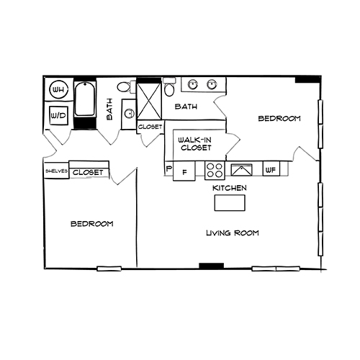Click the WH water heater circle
coord(59,91)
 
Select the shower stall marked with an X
coord(150,102)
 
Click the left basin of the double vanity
coord(193,85)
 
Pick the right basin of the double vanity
coord(212,85)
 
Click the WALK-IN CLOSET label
coord(194,143)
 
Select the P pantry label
coord(168,170)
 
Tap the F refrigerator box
coord(184,172)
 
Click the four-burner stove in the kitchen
coord(215,171)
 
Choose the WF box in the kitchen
coord(271,170)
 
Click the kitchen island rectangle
coord(229,203)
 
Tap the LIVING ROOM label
coord(232,233)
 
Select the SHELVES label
coord(56,171)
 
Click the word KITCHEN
coord(229,188)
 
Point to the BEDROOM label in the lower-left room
coord(91,224)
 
